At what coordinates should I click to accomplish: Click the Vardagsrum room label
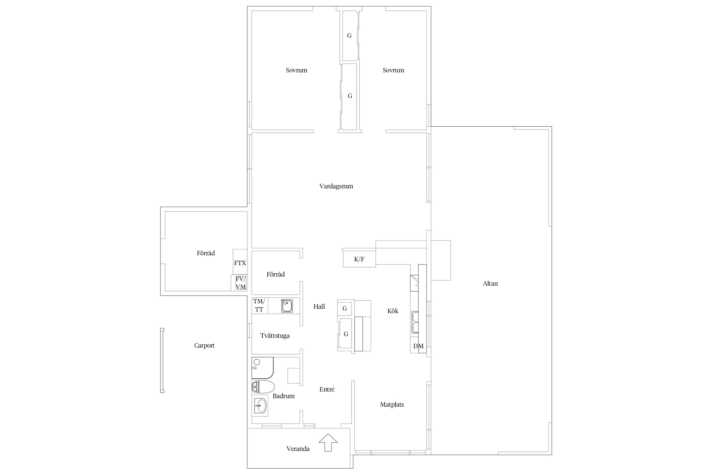point(336,186)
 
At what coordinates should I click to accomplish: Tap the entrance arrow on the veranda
point(328,442)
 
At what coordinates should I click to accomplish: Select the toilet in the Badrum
point(263,387)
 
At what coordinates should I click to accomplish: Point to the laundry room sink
point(287,306)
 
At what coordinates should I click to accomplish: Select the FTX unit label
point(240,263)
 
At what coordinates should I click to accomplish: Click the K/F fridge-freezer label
point(359,259)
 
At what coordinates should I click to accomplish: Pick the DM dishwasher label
point(418,346)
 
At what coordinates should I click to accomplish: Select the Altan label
point(490,283)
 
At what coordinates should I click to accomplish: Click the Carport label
point(204,346)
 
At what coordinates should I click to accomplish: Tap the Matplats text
point(392,404)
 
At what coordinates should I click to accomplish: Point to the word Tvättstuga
point(275,336)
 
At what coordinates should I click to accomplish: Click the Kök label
point(393,311)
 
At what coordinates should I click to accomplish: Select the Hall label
point(319,306)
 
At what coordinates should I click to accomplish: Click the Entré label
point(327,389)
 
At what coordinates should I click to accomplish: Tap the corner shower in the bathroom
point(262,368)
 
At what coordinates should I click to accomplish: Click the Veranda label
point(298,449)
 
